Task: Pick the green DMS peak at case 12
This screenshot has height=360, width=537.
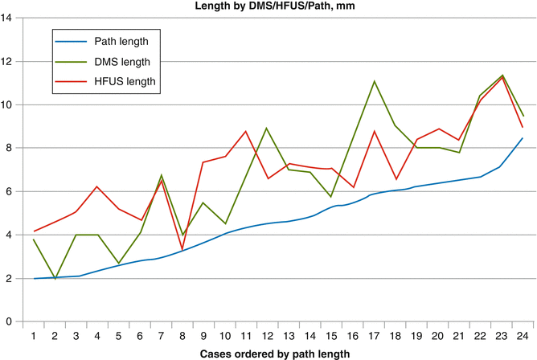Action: coord(267,128)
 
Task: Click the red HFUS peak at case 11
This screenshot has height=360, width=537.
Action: coord(245,131)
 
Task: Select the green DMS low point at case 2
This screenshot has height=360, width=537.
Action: coord(55,279)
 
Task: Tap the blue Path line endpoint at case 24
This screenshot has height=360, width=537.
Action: coord(522,138)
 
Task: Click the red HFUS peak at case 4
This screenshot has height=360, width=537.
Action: coord(96,186)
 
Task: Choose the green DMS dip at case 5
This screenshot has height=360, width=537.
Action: coord(118,263)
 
